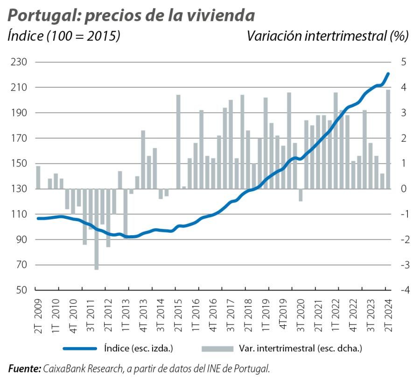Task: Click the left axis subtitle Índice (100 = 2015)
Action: point(64,36)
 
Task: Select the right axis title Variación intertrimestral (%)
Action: point(328,36)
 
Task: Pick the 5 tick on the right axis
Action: point(403,62)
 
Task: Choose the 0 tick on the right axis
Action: point(403,189)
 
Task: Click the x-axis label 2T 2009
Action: point(38,316)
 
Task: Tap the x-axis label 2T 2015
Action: point(178,316)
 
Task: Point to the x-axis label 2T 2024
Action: point(388,316)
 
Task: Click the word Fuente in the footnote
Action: point(24,369)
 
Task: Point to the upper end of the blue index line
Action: point(388,74)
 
